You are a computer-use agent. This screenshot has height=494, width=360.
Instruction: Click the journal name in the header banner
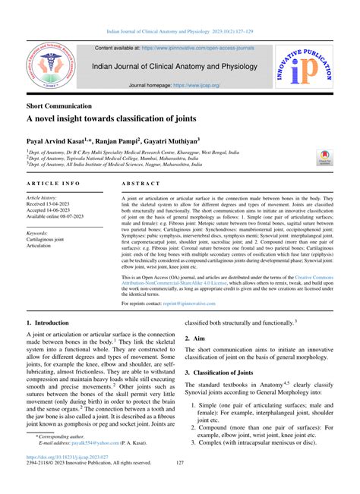click(178, 67)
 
